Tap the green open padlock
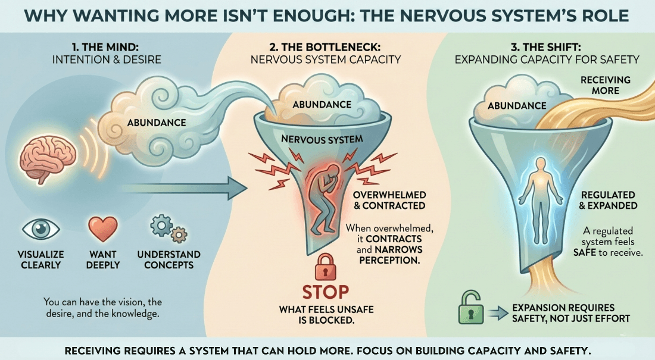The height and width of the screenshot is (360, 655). click(x=470, y=309)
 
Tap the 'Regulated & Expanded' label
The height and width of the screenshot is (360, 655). click(x=608, y=200)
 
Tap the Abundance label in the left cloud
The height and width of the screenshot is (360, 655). click(x=157, y=123)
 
